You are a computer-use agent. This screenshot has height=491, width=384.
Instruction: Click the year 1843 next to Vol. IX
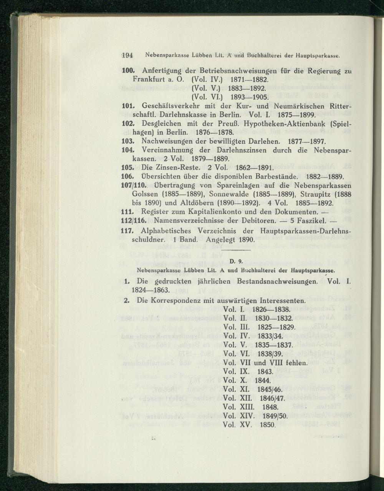(x=265, y=372)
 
